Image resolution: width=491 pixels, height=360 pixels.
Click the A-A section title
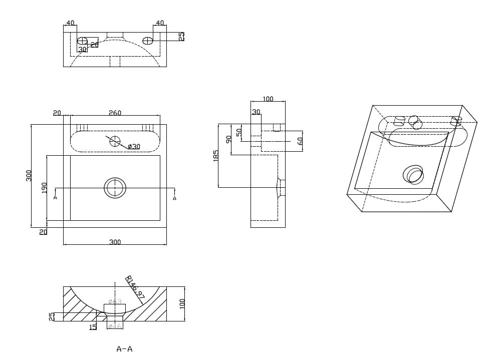[124, 349]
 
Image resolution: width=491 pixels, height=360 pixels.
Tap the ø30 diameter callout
[134, 146]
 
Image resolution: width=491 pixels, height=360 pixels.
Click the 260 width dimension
[115, 113]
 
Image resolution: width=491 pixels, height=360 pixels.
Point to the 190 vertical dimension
[45, 188]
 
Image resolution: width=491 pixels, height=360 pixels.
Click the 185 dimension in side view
[215, 156]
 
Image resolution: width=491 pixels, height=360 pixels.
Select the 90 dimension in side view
[229, 139]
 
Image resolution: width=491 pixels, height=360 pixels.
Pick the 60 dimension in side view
[300, 141]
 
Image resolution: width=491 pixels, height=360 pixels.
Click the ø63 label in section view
[115, 301]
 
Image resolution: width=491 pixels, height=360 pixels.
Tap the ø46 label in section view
[115, 326]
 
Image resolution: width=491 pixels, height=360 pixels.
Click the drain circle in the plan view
[115, 188]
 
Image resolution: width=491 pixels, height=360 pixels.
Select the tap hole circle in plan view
[115, 141]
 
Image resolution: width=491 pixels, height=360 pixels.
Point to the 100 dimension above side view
[268, 99]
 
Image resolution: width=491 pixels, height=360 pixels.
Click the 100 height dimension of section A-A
[182, 303]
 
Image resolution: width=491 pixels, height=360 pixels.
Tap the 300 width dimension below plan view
[115, 242]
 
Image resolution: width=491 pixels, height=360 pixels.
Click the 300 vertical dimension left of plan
[29, 175]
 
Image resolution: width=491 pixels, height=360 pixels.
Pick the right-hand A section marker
[174, 198]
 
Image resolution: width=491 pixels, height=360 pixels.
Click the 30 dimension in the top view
[83, 49]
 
